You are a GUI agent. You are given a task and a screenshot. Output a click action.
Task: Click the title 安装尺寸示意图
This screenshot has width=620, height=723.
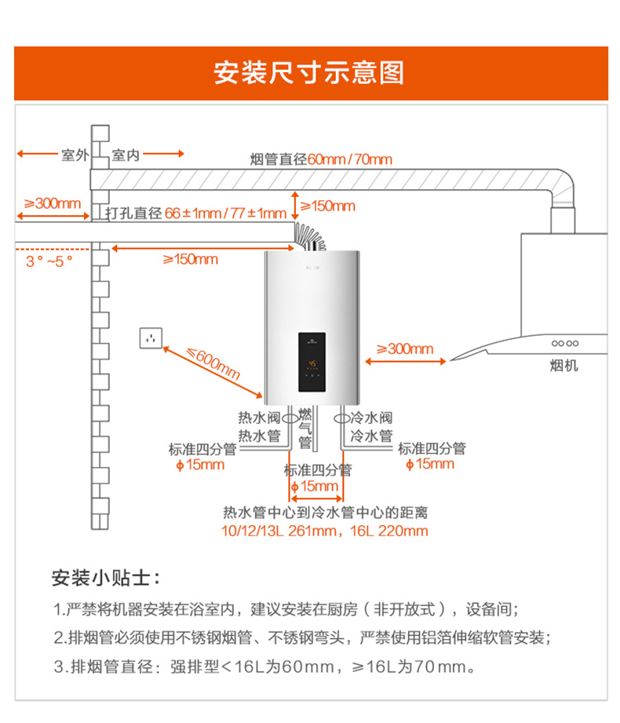pyautogui.click(x=309, y=73)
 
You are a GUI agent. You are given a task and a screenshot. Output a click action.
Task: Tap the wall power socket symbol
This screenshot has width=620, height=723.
pyautogui.click(x=151, y=338)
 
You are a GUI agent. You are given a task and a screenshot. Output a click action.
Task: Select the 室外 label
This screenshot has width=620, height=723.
pyautogui.click(x=75, y=155)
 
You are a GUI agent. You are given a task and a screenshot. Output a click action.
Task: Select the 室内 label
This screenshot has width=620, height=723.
pyautogui.click(x=126, y=155)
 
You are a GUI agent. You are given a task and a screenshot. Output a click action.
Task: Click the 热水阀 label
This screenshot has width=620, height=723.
pyautogui.click(x=259, y=418)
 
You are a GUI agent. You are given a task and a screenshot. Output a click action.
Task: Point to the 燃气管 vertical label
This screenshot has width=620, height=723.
pyautogui.click(x=305, y=428)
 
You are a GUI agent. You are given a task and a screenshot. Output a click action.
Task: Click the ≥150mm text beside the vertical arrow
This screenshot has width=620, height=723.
pyautogui.click(x=328, y=206)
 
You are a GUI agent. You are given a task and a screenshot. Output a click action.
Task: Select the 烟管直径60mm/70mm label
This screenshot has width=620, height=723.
pyautogui.click(x=321, y=159)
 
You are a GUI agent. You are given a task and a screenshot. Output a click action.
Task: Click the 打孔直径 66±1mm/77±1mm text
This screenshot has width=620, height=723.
pyautogui.click(x=195, y=214)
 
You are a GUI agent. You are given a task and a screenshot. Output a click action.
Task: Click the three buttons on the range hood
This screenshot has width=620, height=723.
pyautogui.click(x=565, y=343)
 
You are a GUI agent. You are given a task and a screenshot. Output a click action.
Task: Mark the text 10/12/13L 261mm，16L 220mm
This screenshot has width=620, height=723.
pyautogui.click(x=325, y=531)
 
